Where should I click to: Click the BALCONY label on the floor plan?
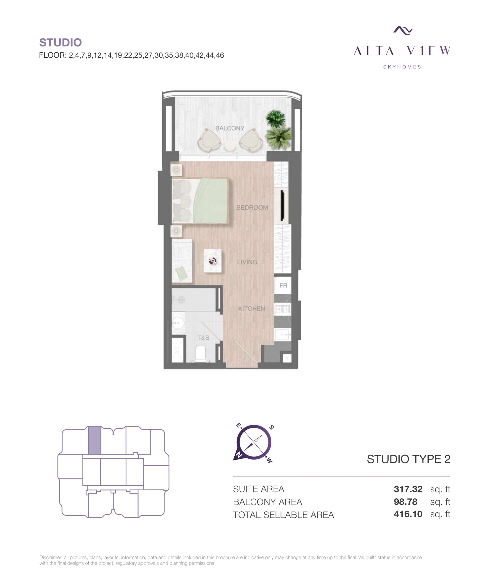[x=230, y=128]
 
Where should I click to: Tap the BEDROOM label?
[x=252, y=208]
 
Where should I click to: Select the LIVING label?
[x=247, y=262]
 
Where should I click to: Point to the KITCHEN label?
[x=252, y=309]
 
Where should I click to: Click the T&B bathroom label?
[x=203, y=338]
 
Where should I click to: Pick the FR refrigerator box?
[x=283, y=285]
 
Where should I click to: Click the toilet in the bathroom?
[x=201, y=354]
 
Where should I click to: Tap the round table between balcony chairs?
[x=230, y=146]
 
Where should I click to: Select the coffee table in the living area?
[x=213, y=261]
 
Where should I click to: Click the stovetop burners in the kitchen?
[x=283, y=309]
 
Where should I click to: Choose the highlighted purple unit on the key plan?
[x=95, y=440]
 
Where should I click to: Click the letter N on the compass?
[x=238, y=454]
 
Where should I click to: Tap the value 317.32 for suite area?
[x=408, y=489]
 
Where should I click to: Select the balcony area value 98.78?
[x=405, y=502]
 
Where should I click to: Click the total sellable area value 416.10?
[x=408, y=514]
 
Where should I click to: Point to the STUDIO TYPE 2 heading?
[x=409, y=459]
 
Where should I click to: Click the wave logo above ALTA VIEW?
[x=403, y=30]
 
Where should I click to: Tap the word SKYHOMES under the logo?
[x=402, y=67]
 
